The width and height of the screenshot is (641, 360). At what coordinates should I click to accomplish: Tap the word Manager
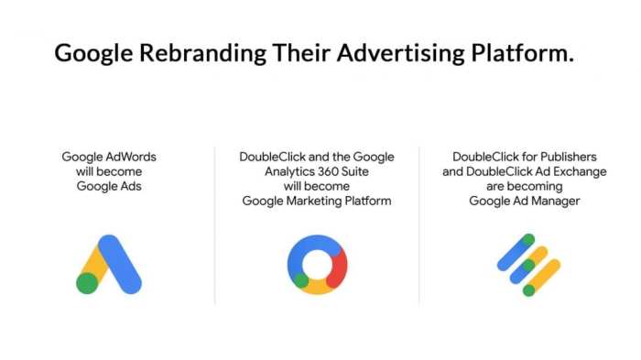click(x=551, y=202)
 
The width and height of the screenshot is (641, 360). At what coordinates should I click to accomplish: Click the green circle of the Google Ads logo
click(x=88, y=283)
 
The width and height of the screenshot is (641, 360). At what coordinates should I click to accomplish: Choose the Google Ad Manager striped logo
click(x=528, y=265)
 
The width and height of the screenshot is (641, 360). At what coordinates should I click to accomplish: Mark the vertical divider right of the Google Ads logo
click(x=215, y=224)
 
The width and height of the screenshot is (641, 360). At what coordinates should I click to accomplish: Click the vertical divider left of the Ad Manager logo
click(x=419, y=224)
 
